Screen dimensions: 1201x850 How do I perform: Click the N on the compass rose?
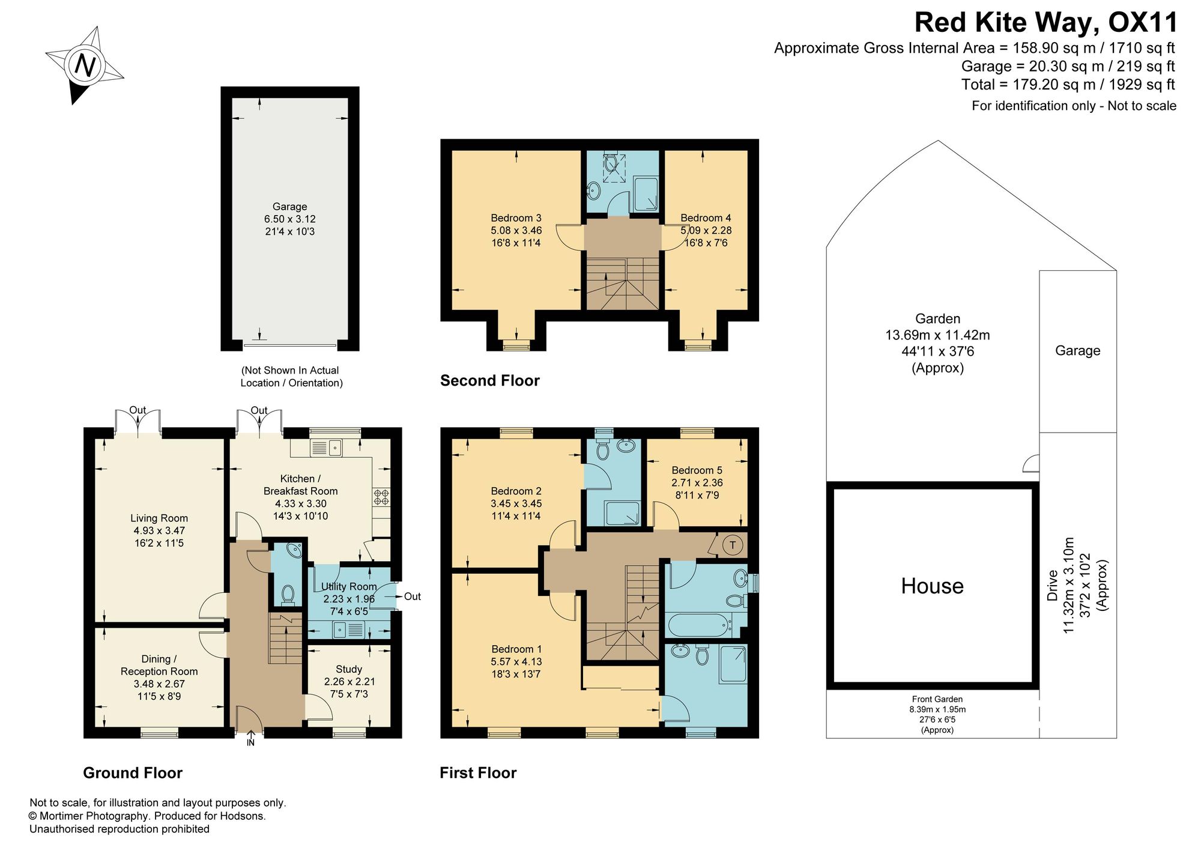pyautogui.click(x=85, y=65)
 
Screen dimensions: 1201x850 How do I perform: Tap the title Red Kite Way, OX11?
pyautogui.click(x=1045, y=23)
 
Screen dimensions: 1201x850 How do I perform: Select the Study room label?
pyautogui.click(x=349, y=669)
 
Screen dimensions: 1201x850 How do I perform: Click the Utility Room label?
pyautogui.click(x=349, y=586)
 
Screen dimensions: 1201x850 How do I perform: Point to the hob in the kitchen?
pyautogui.click(x=381, y=497)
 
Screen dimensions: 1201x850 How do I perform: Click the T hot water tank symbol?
pyautogui.click(x=732, y=545)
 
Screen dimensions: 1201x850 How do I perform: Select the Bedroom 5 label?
pyautogui.click(x=697, y=470)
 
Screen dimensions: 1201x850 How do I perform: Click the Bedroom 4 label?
pyautogui.click(x=706, y=218)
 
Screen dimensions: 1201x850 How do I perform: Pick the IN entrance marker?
pyautogui.click(x=250, y=742)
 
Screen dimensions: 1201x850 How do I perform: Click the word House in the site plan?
pyautogui.click(x=932, y=586)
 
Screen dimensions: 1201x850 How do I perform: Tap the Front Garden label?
pyautogui.click(x=937, y=699)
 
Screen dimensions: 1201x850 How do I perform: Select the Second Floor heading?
pyautogui.click(x=490, y=380)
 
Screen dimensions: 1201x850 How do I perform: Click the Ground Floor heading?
pyautogui.click(x=133, y=773)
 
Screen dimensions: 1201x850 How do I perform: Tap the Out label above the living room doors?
pyautogui.click(x=138, y=410)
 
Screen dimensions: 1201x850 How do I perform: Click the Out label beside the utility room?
pyautogui.click(x=413, y=597)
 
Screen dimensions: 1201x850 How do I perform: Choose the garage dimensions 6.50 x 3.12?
pyautogui.click(x=290, y=219)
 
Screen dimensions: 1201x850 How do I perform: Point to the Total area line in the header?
pyautogui.click(x=1068, y=85)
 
